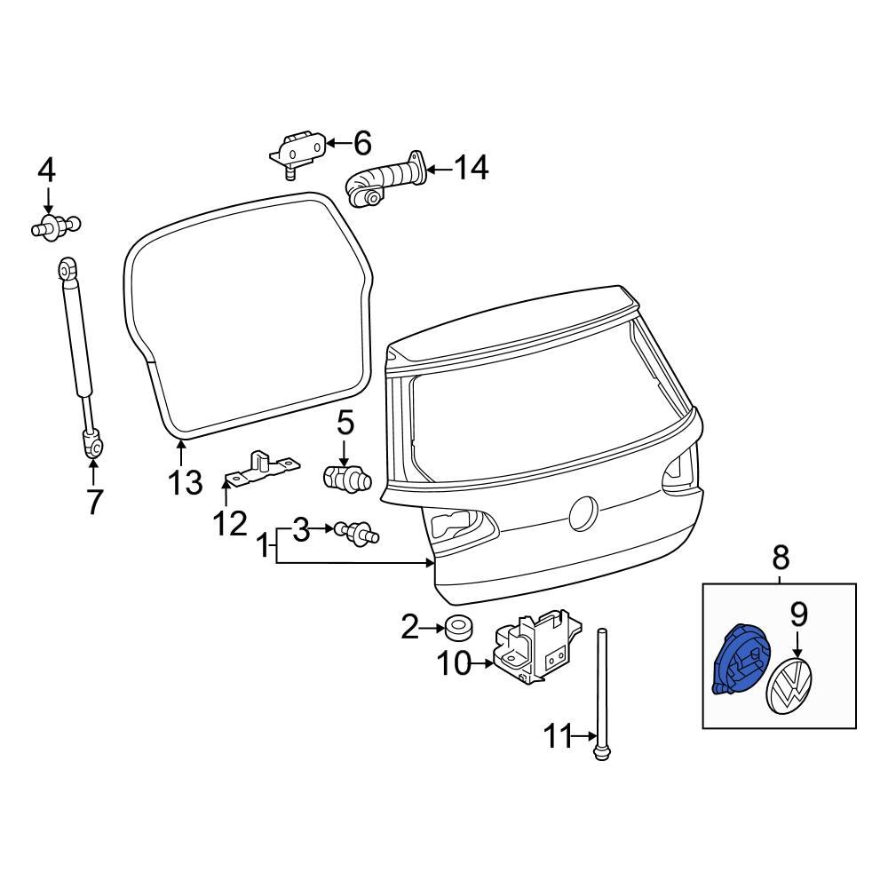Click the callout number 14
click(x=472, y=167)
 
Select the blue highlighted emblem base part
click(x=736, y=660)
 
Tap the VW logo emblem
click(x=789, y=686)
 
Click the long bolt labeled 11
click(x=603, y=693)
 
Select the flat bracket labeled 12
click(x=259, y=469)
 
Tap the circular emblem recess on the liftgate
click(x=584, y=512)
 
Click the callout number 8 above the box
click(x=780, y=558)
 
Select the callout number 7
click(x=94, y=503)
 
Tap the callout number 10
click(x=457, y=662)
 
